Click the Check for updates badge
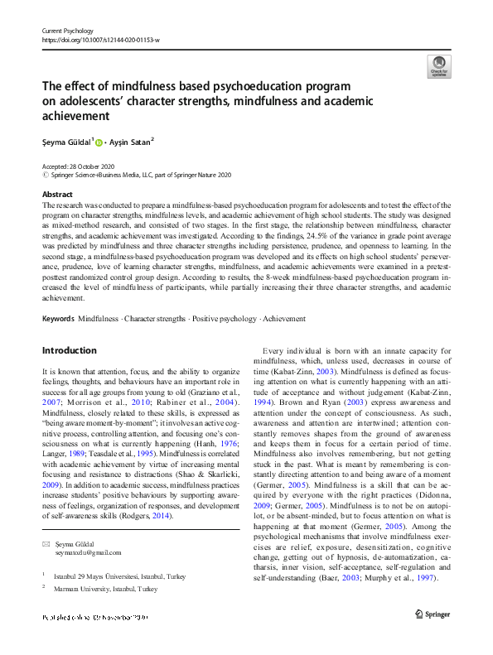pyautogui.click(x=439, y=66)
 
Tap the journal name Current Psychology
pyautogui.click(x=70, y=29)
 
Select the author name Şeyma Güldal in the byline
pyautogui.click(x=67, y=142)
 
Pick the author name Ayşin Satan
pyautogui.click(x=131, y=142)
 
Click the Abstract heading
pyautogui.click(x=57, y=195)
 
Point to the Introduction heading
pyautogui.click(x=69, y=350)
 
